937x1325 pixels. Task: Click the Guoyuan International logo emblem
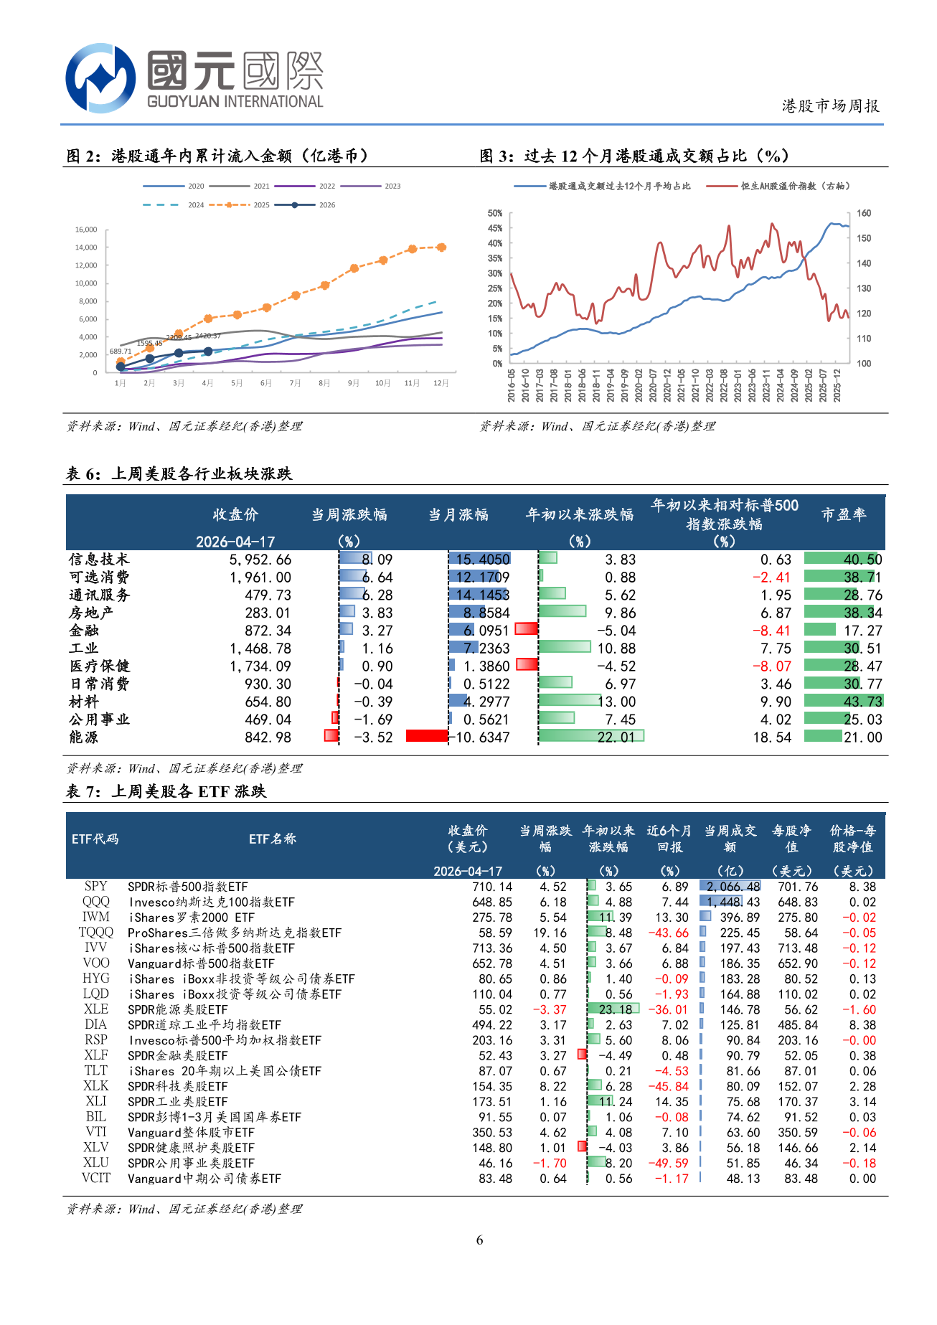pyautogui.click(x=100, y=78)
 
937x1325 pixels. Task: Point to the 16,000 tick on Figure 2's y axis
pyautogui.click(x=86, y=230)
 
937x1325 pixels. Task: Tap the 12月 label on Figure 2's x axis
pyautogui.click(x=441, y=383)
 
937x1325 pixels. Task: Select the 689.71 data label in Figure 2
pyautogui.click(x=121, y=352)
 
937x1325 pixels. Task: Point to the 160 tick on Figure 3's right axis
pyautogui.click(x=864, y=213)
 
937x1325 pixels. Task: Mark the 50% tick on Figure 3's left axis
pyautogui.click(x=495, y=213)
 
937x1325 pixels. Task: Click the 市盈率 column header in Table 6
pyautogui.click(x=844, y=514)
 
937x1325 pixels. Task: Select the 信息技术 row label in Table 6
pyautogui.click(x=99, y=560)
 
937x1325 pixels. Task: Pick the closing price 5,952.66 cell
pyautogui.click(x=260, y=560)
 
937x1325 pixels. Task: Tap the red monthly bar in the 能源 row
pyautogui.click(x=427, y=736)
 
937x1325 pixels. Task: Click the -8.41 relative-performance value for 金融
pyautogui.click(x=771, y=631)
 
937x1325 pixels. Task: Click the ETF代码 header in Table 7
pyautogui.click(x=95, y=839)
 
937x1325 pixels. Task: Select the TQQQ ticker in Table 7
pyautogui.click(x=96, y=932)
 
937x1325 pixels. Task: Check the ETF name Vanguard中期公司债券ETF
pyautogui.click(x=204, y=1179)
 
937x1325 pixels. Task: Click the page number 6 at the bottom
pyautogui.click(x=479, y=1240)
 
